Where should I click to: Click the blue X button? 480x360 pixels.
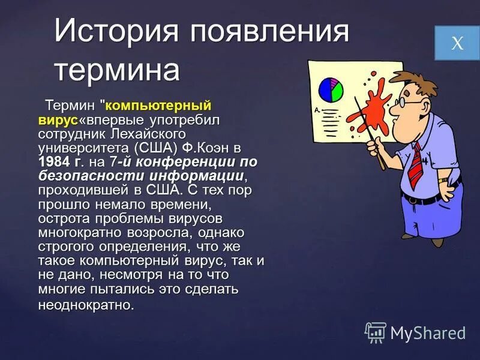[x=457, y=43]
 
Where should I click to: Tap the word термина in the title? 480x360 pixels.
[x=117, y=70]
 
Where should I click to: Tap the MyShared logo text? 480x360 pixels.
[x=428, y=332]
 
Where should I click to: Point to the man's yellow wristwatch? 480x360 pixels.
[x=443, y=179]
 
